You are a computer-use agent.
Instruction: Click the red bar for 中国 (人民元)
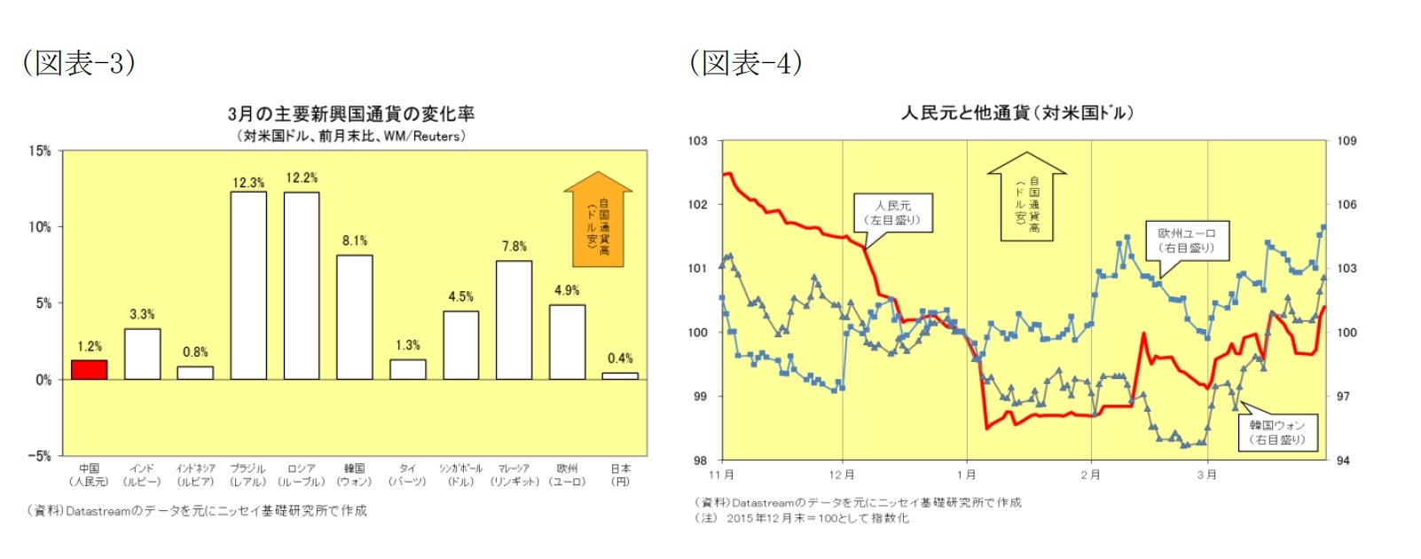89,370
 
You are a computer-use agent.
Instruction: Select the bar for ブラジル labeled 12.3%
248,285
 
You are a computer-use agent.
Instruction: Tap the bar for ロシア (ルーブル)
302,285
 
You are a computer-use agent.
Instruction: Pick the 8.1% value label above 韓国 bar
355,240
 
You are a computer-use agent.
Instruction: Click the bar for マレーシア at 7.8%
514,319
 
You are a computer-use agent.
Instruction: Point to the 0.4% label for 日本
620,358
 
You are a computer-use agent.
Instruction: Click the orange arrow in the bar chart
598,220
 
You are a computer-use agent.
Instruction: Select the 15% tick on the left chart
40,151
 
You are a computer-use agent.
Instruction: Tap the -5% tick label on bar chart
39,456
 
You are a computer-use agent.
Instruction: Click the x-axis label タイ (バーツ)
407,475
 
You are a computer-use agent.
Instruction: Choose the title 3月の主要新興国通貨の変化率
351,114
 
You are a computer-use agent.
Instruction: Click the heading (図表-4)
746,63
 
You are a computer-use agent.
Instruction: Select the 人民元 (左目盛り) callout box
893,213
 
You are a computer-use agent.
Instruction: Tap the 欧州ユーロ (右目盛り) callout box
1186,240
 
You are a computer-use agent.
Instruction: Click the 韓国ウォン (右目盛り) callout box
1277,432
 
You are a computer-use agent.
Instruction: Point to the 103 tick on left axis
698,140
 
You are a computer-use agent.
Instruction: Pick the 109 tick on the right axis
1346,140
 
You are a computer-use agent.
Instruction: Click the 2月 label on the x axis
1090,475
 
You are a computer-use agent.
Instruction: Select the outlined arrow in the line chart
1026,197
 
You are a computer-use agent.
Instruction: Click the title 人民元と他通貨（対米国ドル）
1017,113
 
